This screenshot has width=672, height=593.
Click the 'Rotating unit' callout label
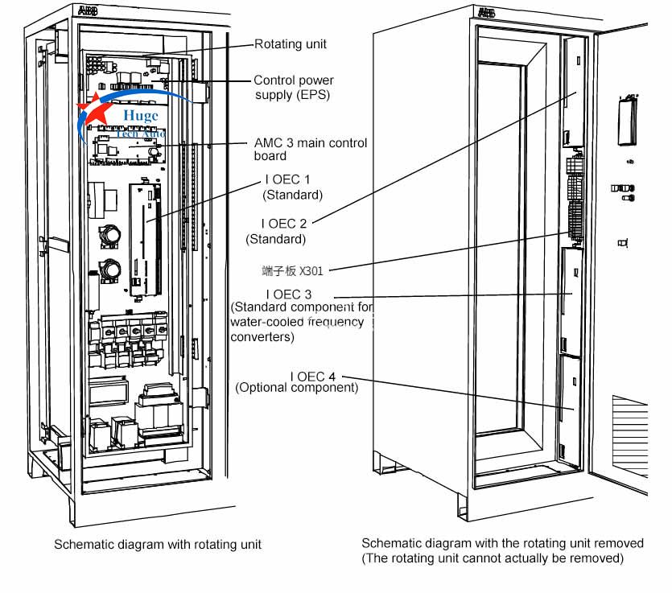click(x=291, y=44)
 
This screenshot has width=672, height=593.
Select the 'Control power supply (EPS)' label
click(x=293, y=88)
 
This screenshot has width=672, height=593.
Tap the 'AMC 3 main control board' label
click(x=310, y=150)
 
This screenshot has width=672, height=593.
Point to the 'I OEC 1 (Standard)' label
click(x=291, y=188)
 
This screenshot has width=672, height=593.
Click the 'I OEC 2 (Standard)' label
click(x=276, y=232)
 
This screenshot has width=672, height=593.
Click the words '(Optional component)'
click(x=296, y=388)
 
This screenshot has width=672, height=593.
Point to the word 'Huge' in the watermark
click(x=141, y=117)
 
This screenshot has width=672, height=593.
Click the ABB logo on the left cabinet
click(x=86, y=10)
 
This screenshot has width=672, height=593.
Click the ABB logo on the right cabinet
click(x=486, y=12)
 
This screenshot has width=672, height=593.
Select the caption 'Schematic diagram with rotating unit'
click(x=158, y=545)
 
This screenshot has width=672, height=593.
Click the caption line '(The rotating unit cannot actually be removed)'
click(x=493, y=558)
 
